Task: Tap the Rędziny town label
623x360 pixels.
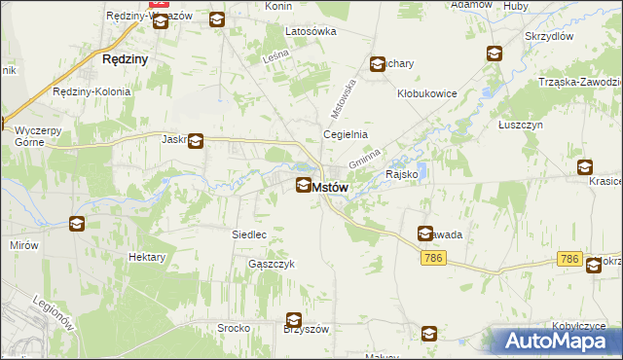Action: (125, 59)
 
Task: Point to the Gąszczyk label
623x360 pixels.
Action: (272, 264)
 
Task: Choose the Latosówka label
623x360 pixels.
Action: (311, 31)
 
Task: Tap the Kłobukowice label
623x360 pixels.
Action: (426, 94)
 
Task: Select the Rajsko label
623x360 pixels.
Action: (402, 175)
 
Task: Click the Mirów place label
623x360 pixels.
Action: (25, 245)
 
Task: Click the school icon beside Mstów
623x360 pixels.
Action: (304, 185)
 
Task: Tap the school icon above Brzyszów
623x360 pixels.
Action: (293, 320)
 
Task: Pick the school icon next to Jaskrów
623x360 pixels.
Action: (196, 141)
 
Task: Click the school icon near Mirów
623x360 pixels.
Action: (77, 225)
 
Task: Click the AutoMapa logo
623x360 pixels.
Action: (559, 341)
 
